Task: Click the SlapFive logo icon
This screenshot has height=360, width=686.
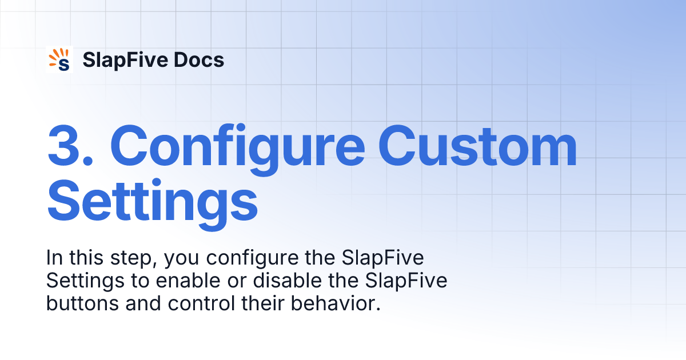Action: point(60,59)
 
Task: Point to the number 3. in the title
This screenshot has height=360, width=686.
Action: point(74,147)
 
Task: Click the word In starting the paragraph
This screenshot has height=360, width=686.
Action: point(53,258)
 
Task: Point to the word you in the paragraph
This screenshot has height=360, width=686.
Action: point(182,258)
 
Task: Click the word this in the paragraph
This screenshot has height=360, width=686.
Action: point(86,258)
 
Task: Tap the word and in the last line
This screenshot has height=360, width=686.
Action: point(142,303)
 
